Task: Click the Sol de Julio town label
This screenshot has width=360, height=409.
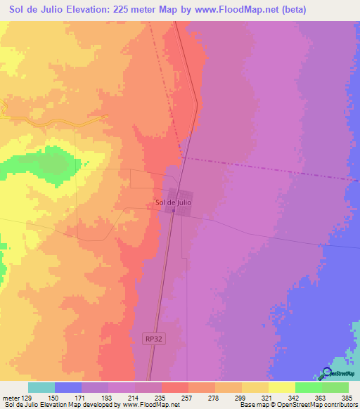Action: (x=172, y=204)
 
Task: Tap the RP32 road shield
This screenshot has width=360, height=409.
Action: (x=158, y=337)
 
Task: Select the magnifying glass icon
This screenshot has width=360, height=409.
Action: (x=328, y=374)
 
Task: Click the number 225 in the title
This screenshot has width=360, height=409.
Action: (x=131, y=9)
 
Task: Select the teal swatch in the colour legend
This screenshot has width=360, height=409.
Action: (x=41, y=387)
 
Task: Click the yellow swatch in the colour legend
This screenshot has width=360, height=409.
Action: (x=281, y=387)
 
